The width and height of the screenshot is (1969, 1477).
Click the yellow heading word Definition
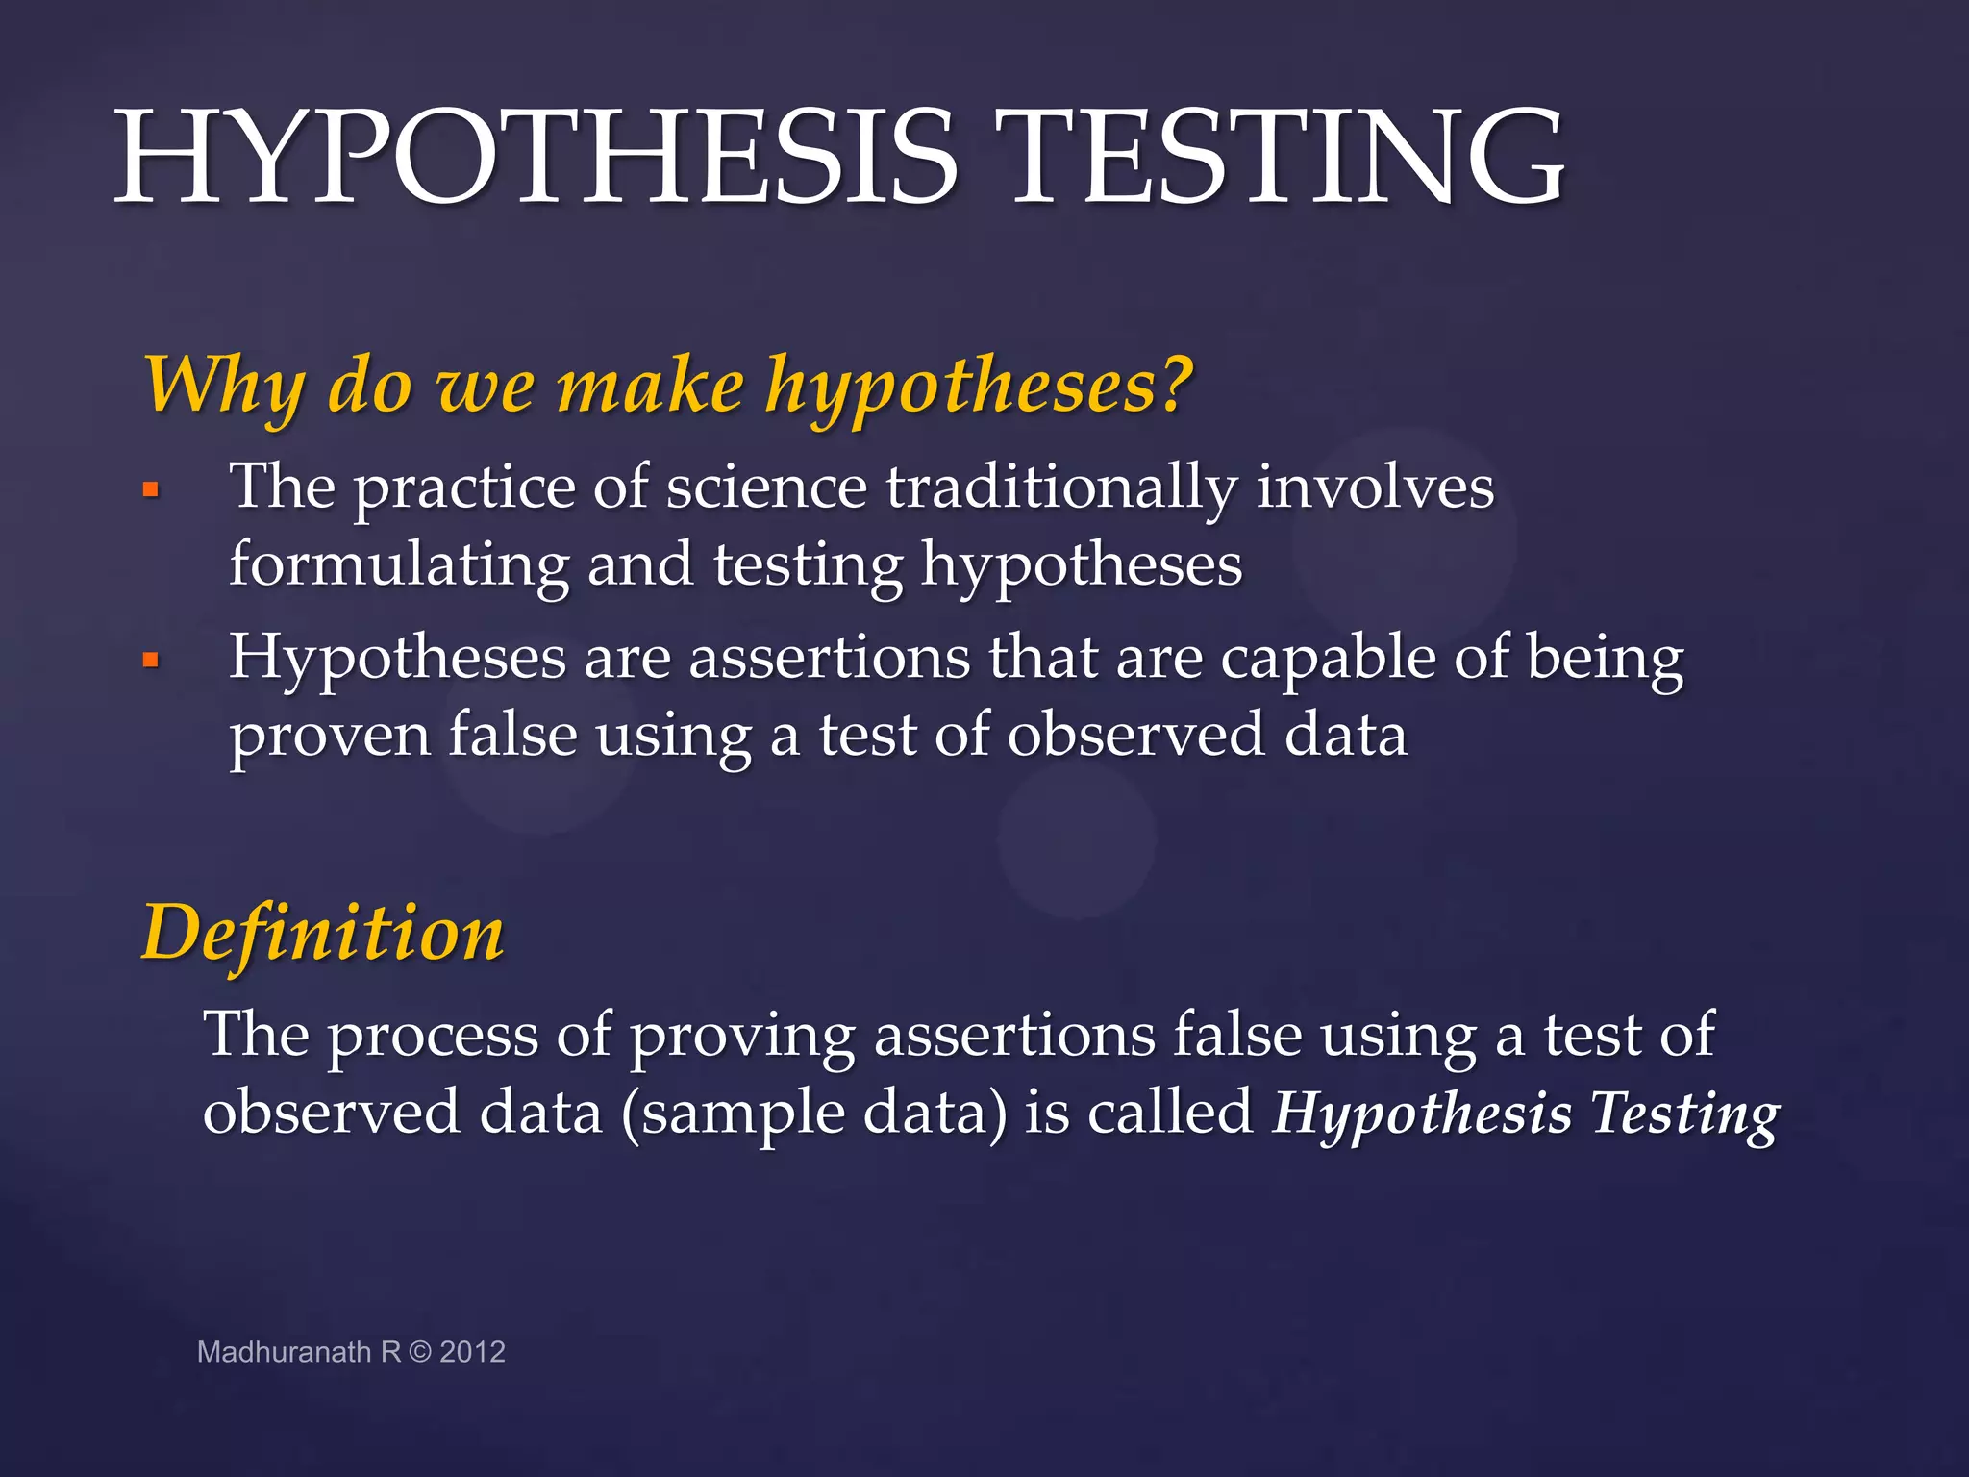coord(323,933)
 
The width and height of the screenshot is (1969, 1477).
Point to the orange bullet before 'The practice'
coord(151,489)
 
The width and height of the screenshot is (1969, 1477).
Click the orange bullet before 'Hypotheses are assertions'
coord(151,660)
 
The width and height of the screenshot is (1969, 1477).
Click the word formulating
coord(399,565)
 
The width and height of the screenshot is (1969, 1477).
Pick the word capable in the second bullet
coord(1327,660)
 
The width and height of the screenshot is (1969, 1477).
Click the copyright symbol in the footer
coord(420,1352)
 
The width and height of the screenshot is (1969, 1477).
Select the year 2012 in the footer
coord(472,1352)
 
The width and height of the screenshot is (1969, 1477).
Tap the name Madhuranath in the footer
coord(284,1352)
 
